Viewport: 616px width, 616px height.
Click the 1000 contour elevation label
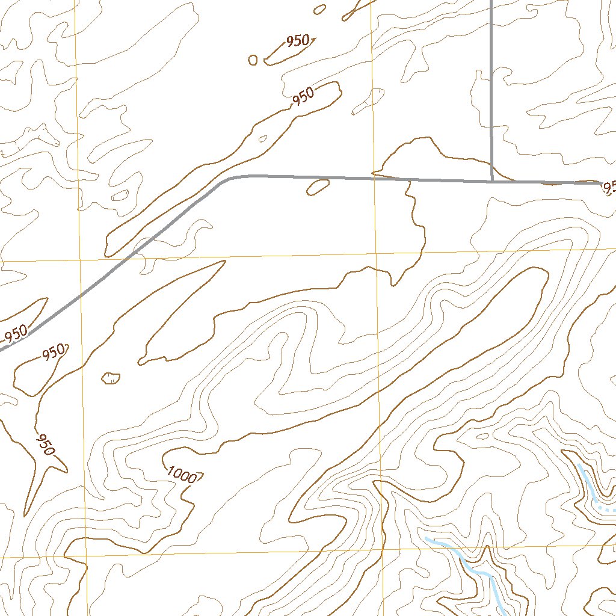click(x=182, y=476)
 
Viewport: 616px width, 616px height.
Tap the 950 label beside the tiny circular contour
click(x=298, y=42)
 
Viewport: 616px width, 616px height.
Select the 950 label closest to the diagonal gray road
click(x=16, y=333)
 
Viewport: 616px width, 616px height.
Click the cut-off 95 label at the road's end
click(x=609, y=188)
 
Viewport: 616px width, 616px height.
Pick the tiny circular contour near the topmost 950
click(x=253, y=60)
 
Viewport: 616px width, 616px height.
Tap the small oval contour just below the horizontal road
click(x=318, y=188)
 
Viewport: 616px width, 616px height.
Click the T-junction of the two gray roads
click(x=492, y=180)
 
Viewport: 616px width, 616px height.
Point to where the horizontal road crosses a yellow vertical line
click(x=374, y=178)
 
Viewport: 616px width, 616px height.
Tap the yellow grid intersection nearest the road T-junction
click(x=375, y=254)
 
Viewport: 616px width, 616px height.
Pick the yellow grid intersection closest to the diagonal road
click(x=79, y=260)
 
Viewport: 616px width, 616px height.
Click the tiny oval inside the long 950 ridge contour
click(x=262, y=138)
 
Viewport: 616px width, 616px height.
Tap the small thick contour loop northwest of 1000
click(x=111, y=378)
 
